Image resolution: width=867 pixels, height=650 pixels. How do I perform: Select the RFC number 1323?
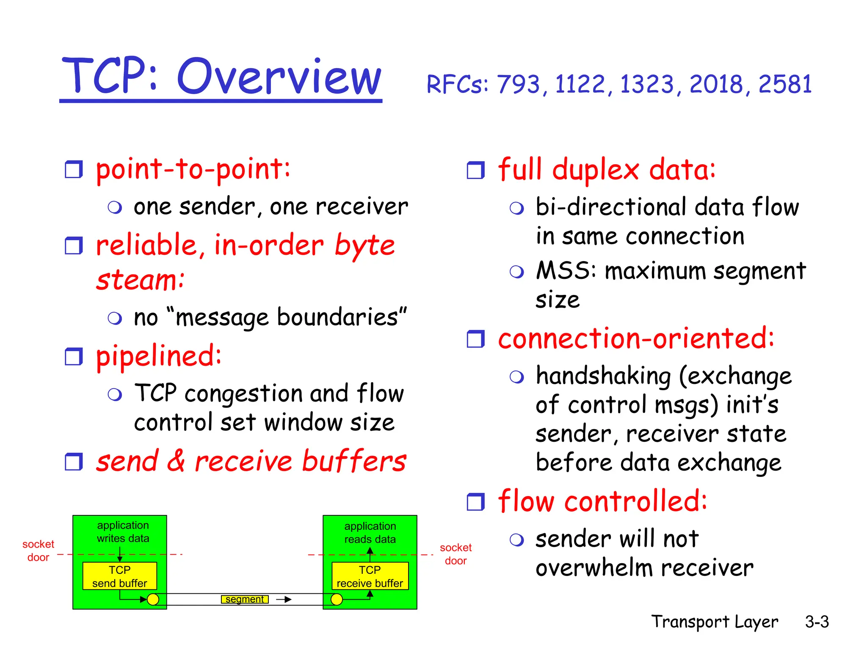click(646, 84)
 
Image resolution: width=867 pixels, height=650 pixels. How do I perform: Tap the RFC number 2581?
click(785, 84)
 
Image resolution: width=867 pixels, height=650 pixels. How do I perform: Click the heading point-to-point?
click(193, 169)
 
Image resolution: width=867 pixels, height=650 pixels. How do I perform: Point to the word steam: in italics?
click(140, 280)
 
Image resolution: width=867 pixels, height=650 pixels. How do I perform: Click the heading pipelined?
click(159, 356)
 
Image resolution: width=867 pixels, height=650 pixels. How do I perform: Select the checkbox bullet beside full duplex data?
click(475, 170)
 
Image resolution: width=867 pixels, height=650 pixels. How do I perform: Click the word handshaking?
click(603, 376)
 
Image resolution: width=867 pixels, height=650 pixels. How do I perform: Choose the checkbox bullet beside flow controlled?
click(475, 502)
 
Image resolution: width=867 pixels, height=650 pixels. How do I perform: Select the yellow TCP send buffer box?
click(120, 576)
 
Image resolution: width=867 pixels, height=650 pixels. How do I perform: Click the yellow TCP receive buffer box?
click(370, 576)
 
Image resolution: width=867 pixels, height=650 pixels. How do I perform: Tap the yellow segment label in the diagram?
click(244, 599)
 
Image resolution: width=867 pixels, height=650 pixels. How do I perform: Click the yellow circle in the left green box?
click(153, 599)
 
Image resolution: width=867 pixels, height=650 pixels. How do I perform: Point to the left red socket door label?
click(38, 551)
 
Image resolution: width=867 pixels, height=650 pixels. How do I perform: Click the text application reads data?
click(370, 532)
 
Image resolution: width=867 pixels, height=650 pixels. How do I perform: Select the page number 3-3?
click(817, 622)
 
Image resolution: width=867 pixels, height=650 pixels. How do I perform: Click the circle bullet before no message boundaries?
click(115, 318)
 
